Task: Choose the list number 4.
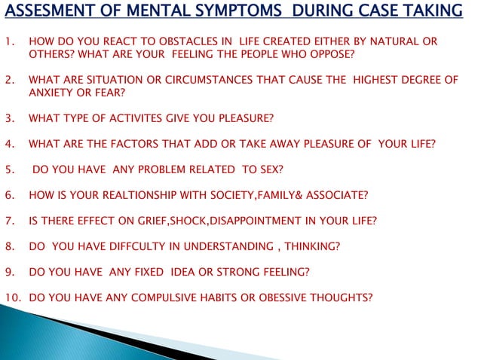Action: click(8, 144)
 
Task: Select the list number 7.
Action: click(8, 221)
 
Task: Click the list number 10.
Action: click(11, 297)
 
